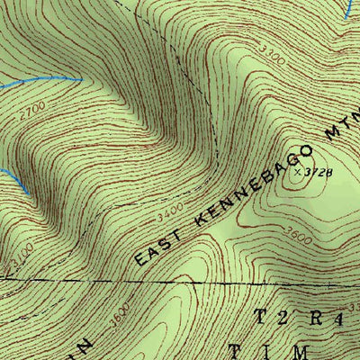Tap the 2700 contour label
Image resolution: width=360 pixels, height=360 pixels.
(31, 107)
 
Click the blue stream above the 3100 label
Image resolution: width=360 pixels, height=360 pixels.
(13, 180)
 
